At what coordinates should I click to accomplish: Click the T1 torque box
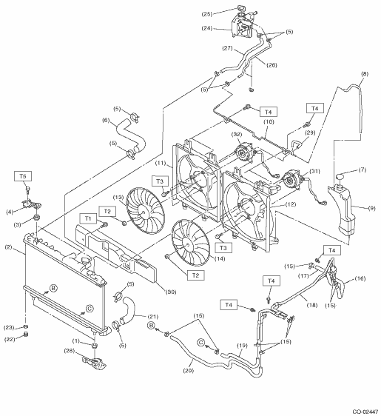tap(88, 218)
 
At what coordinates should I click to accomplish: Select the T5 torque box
tap(23, 176)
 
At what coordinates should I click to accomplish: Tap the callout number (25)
tap(207, 14)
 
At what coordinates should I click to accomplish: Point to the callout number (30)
tap(171, 292)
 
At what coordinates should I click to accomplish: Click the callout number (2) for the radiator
tap(8, 247)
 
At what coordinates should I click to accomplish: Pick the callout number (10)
tap(269, 122)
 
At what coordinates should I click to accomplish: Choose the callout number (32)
tap(237, 134)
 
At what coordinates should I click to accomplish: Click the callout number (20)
tap(188, 370)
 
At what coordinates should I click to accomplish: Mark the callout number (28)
tap(70, 350)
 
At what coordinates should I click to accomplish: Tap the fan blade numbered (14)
tap(190, 243)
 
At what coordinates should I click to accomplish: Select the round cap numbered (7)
tap(340, 176)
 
